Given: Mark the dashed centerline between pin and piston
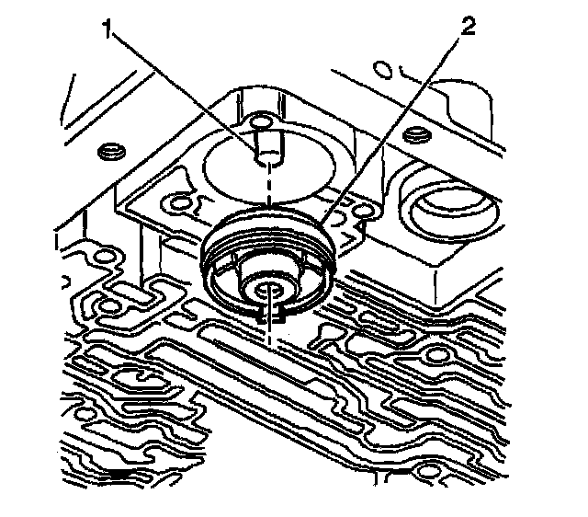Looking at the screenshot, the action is click(x=268, y=198).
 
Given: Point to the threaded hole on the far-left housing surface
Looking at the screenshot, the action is click(x=111, y=150).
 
